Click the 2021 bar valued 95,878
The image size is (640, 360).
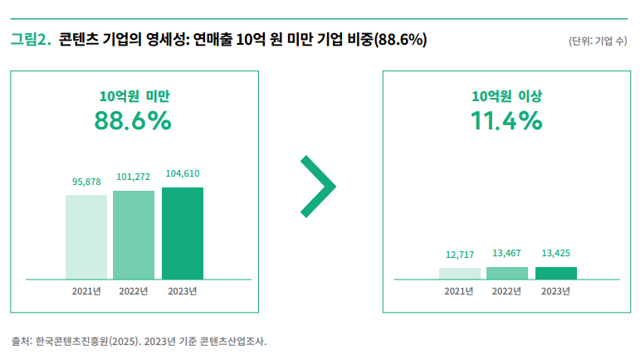[x=86, y=237]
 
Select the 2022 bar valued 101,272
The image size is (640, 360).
[x=134, y=235]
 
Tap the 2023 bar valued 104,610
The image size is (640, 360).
[x=183, y=233]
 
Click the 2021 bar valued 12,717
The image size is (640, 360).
[x=460, y=273]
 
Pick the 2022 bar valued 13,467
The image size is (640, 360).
[x=507, y=273]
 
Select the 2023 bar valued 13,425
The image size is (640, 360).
[x=556, y=273]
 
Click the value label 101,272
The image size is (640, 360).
[x=134, y=178]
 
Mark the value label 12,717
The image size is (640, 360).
[x=460, y=255]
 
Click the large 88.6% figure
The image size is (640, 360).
[x=133, y=121]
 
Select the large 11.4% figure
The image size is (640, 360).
[x=506, y=121]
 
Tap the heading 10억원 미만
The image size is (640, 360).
[x=134, y=95]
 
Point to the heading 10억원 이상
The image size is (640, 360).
[x=506, y=95]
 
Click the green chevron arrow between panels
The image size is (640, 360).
[x=318, y=187]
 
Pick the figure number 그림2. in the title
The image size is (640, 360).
[x=32, y=39]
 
